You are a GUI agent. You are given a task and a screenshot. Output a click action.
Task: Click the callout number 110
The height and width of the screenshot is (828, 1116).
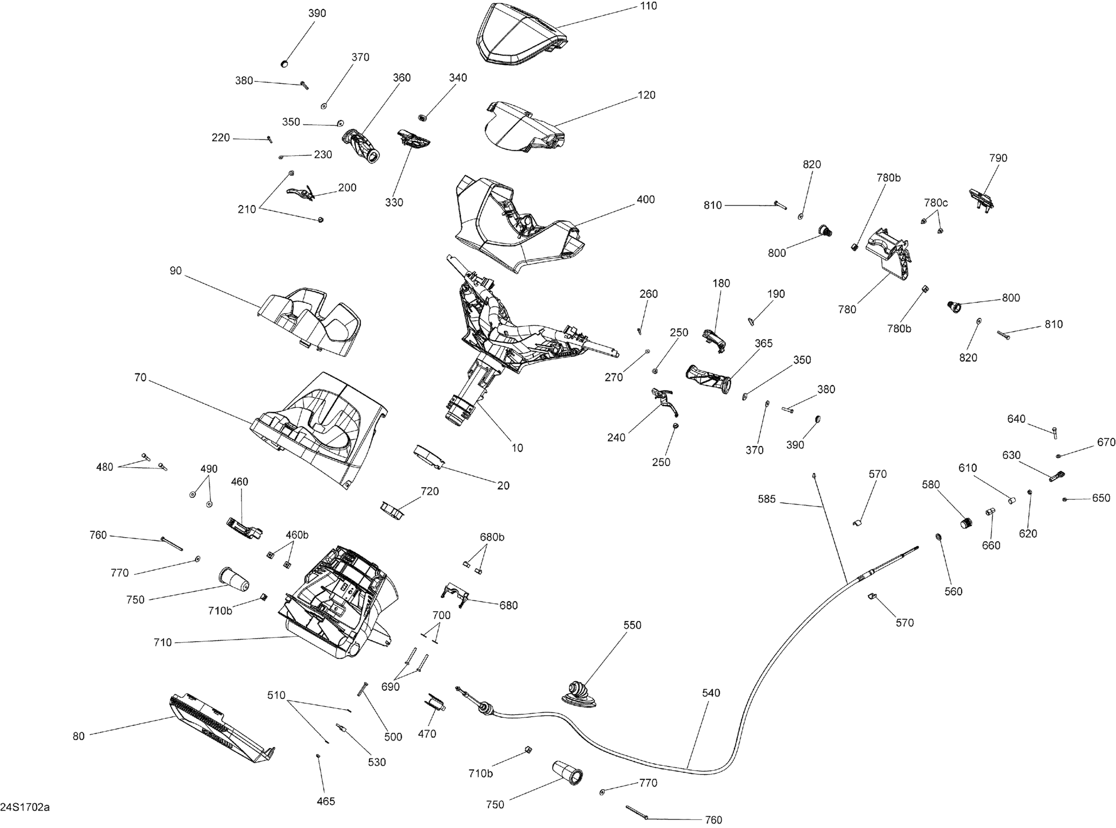click(648, 6)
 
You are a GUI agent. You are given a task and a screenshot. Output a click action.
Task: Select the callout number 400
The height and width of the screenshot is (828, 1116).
click(645, 200)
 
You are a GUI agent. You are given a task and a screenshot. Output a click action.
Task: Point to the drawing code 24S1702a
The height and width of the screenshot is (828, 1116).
click(25, 808)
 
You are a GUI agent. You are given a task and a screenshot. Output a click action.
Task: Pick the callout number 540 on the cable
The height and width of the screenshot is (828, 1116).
click(711, 693)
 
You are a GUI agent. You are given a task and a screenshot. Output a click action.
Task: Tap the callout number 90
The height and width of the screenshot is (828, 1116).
click(175, 271)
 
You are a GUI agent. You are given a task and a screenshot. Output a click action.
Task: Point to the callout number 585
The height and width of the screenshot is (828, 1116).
click(767, 499)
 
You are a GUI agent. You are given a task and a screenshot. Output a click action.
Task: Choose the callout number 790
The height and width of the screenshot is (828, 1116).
click(998, 158)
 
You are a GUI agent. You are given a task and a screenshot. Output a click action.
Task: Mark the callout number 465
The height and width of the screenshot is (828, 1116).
click(326, 801)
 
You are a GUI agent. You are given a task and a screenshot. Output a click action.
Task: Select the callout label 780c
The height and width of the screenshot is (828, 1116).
click(936, 203)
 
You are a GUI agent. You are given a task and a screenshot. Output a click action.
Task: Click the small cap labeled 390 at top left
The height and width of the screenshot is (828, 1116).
click(284, 64)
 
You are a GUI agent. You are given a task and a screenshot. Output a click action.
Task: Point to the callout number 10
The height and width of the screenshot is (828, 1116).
click(517, 448)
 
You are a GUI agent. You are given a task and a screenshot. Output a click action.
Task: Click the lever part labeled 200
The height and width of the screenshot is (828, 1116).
click(300, 193)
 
